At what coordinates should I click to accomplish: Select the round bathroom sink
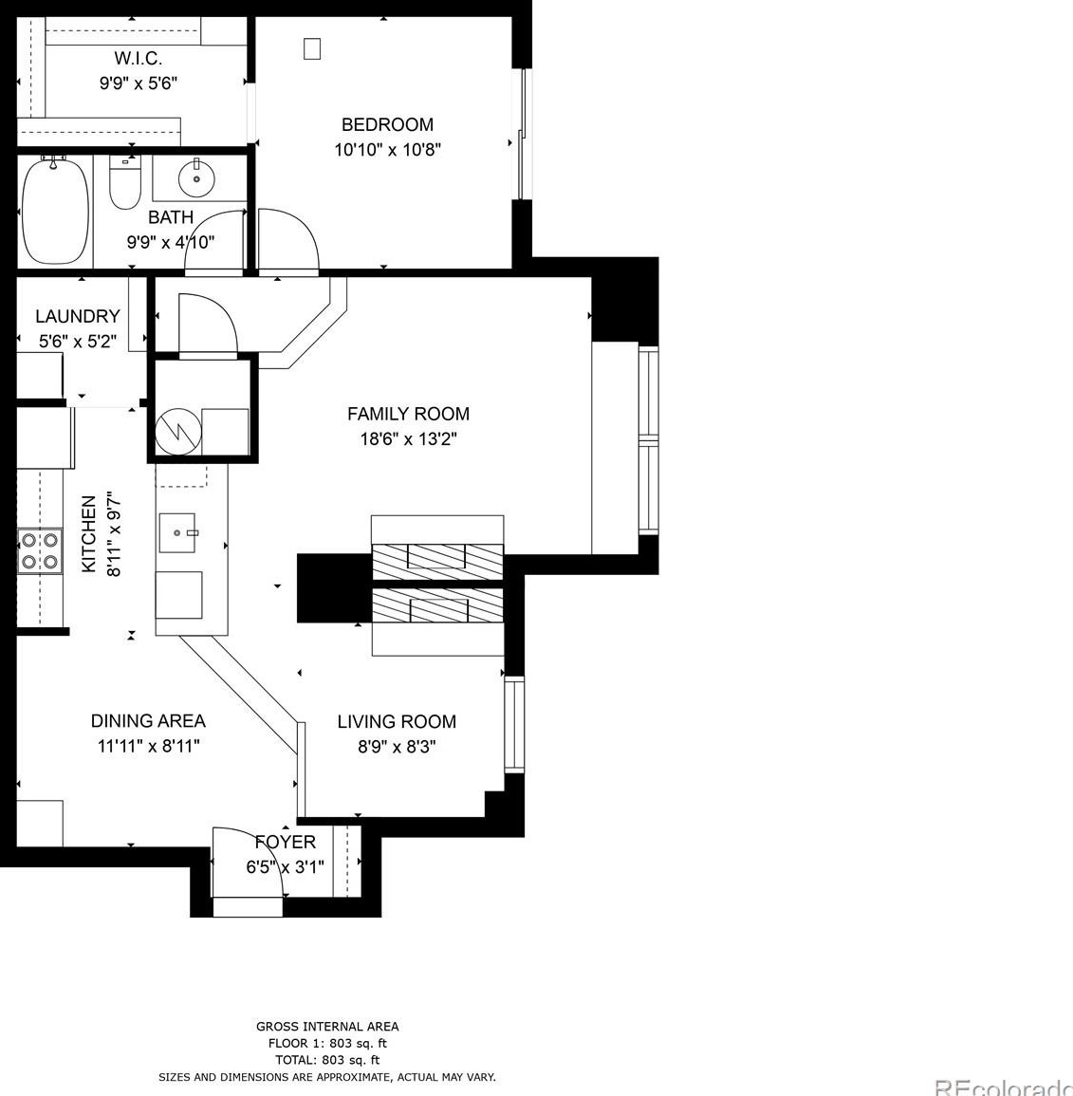click(197, 176)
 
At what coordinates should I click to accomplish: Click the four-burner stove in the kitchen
click(39, 550)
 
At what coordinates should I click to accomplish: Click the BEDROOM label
click(387, 124)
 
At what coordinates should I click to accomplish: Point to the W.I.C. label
click(139, 59)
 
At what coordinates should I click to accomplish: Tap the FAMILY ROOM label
click(408, 414)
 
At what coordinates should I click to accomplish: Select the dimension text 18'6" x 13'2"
click(408, 438)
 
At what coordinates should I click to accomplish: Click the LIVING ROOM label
click(397, 722)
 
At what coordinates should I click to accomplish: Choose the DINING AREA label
click(148, 721)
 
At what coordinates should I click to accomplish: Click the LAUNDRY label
click(78, 317)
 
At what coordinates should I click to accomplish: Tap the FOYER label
click(285, 842)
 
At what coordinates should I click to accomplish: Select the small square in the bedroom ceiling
click(312, 48)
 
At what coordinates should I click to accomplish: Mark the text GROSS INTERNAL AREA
click(327, 1026)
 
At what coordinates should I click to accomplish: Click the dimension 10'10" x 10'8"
click(387, 149)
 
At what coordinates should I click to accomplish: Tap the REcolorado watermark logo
click(1003, 1087)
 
